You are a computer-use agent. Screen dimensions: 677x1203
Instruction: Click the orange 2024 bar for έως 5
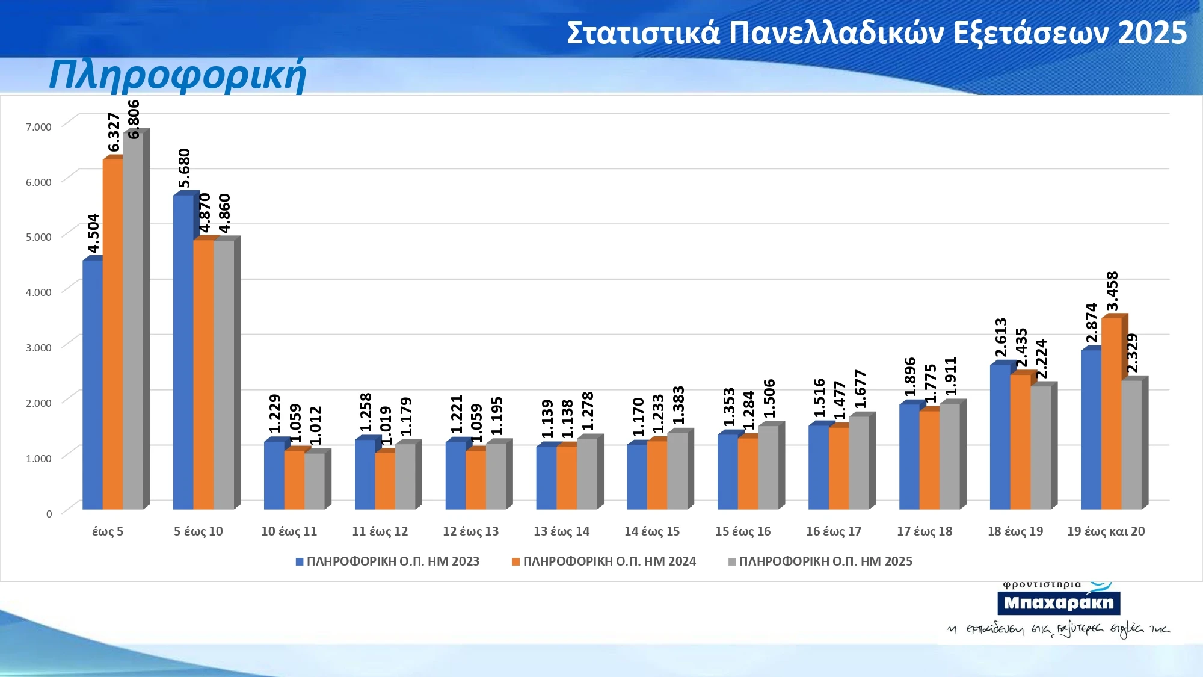click(x=112, y=334)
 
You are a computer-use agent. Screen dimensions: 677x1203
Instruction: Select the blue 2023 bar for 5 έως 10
click(x=183, y=352)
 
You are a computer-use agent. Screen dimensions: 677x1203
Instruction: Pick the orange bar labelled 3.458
click(x=1111, y=413)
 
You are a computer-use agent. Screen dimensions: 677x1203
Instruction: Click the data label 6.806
click(x=134, y=119)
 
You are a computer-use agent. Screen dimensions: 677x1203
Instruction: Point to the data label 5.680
click(x=184, y=168)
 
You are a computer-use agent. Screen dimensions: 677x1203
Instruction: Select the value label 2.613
click(x=1000, y=338)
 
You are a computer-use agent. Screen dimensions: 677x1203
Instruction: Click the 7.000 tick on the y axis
click(x=38, y=126)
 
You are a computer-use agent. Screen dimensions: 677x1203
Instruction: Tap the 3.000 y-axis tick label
click(x=38, y=347)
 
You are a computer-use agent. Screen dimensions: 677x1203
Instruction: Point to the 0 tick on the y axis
click(x=49, y=513)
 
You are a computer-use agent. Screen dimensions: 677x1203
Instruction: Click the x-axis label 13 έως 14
click(x=561, y=531)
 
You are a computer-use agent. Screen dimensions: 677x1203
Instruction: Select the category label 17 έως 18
click(x=925, y=531)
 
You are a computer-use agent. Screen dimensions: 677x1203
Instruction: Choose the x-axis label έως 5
click(x=108, y=531)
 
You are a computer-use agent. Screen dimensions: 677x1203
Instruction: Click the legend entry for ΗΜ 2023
click(x=387, y=561)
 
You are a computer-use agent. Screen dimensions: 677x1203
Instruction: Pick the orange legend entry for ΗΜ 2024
click(x=604, y=561)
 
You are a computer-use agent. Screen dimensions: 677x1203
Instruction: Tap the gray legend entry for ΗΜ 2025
click(x=820, y=561)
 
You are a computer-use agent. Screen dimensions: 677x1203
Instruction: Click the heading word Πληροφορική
click(x=177, y=75)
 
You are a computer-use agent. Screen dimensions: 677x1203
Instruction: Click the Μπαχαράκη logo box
click(x=1059, y=602)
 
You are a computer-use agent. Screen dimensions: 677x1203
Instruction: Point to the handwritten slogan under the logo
click(x=1059, y=629)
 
